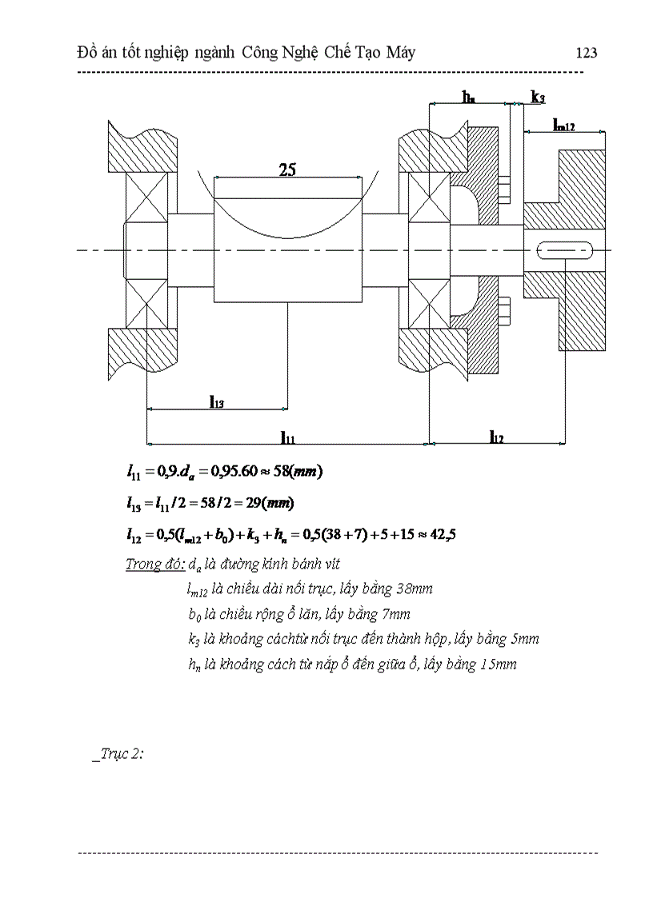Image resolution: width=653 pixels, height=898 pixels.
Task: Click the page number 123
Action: click(587, 53)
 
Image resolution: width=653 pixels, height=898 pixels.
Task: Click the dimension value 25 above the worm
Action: click(288, 170)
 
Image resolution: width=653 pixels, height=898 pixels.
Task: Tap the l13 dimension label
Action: click(216, 401)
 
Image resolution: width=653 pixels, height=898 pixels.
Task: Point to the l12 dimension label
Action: click(496, 436)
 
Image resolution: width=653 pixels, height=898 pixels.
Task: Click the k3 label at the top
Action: click(539, 97)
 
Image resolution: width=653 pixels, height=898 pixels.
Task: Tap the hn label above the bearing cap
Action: click(468, 97)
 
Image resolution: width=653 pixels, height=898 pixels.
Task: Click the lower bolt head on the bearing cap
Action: click(503, 309)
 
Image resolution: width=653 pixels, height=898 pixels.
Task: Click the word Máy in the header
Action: click(398, 53)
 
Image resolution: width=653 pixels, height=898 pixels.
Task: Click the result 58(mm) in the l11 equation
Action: click(298, 471)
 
